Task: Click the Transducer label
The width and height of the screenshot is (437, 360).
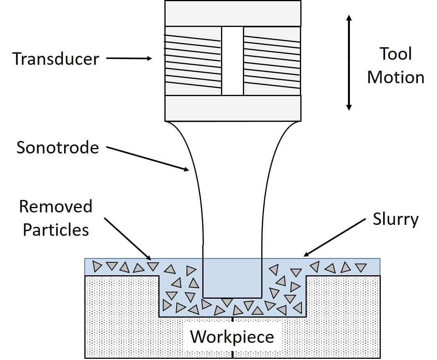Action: coord(56,59)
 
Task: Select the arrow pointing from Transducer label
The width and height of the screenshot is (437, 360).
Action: coord(129,59)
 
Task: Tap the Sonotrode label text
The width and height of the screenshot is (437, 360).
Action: coord(57,148)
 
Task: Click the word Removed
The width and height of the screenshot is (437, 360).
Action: coord(55,206)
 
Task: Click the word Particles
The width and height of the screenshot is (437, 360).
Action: coord(55,230)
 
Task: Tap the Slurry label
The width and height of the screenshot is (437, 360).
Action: coord(395,219)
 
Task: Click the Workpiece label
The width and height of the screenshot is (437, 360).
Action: coord(232,337)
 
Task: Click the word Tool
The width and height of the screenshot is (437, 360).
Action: coord(396,54)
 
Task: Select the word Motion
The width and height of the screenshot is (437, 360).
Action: coord(396,77)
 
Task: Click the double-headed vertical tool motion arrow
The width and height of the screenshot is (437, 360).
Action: coord(349,62)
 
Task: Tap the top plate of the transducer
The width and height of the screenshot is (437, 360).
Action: coord(233,13)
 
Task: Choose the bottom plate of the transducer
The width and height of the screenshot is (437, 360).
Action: coord(233,108)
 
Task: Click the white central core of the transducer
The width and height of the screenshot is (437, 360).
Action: coord(232,61)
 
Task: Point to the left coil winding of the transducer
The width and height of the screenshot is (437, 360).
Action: coord(193,61)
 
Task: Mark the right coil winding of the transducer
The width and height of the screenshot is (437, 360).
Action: coord(272,61)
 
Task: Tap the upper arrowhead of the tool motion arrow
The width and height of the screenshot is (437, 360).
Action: coord(349,18)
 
